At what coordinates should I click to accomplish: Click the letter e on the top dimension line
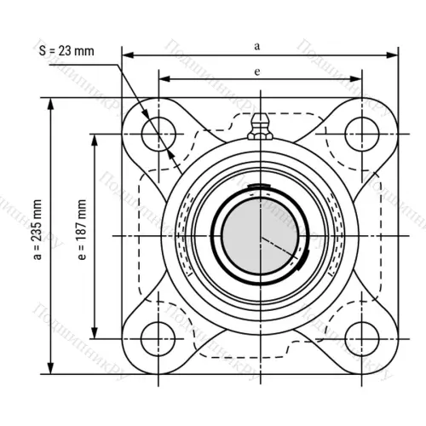click(x=257, y=72)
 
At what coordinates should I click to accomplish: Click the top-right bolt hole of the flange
click(x=361, y=130)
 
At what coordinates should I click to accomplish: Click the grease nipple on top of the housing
click(x=259, y=130)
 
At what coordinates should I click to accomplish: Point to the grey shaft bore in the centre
click(x=259, y=234)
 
